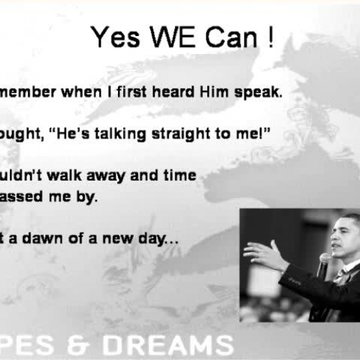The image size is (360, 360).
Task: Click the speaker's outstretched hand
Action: (x=263, y=252)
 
